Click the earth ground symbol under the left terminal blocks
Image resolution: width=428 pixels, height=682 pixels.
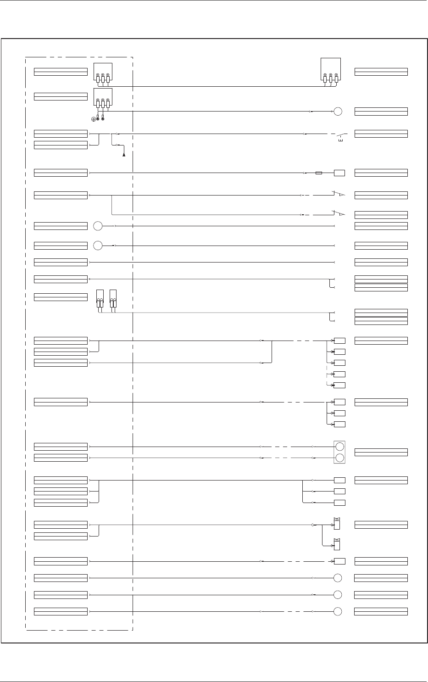coord(94,119)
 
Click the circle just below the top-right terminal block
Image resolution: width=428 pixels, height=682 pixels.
coord(338,112)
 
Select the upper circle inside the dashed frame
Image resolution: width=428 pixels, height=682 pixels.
coord(98,226)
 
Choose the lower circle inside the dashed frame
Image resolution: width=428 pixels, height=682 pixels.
coord(98,246)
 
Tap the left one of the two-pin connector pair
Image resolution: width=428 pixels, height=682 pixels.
coord(100,298)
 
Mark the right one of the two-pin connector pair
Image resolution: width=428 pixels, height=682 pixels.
coord(113,298)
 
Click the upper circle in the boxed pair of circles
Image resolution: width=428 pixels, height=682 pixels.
coord(339,447)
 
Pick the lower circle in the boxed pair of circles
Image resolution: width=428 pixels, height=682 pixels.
coord(339,458)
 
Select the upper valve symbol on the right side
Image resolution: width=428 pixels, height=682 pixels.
coord(337,524)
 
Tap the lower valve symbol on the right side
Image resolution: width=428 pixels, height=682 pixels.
coord(337,544)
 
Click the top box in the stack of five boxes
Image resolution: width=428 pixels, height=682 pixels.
coord(339,341)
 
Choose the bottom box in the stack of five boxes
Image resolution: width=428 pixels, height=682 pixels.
coord(339,385)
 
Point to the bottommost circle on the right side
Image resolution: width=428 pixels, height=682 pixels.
coord(338,611)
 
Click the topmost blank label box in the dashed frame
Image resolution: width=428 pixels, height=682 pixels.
coord(61,72)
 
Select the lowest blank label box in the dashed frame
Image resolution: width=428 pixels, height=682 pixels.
coord(61,611)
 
